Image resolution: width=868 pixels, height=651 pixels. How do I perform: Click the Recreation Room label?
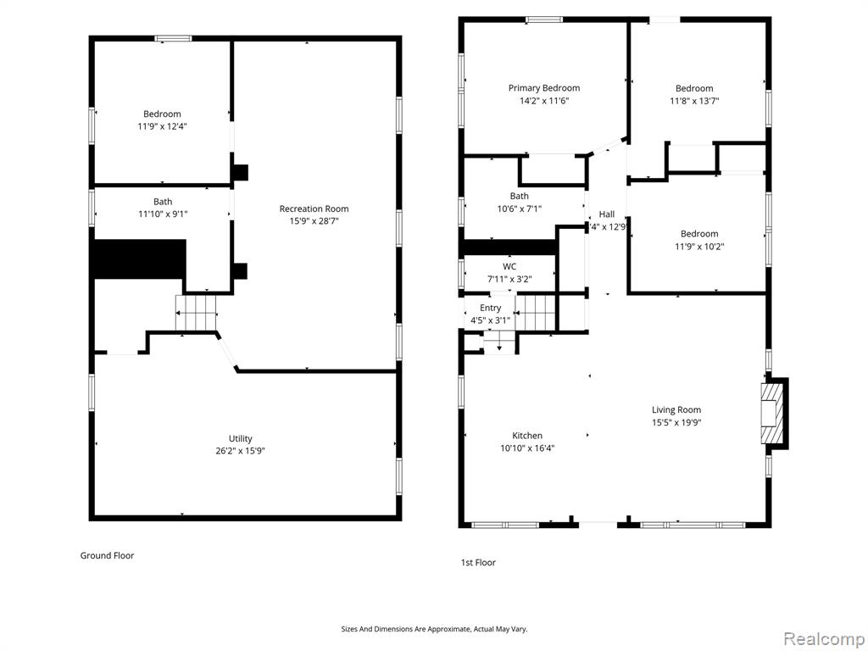(x=314, y=209)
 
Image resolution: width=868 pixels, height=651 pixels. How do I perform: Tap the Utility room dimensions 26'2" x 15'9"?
(x=240, y=451)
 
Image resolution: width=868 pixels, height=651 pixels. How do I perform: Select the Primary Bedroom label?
(x=544, y=88)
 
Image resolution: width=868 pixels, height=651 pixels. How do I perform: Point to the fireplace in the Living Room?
(x=773, y=414)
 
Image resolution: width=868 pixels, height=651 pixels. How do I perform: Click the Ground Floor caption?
(x=108, y=555)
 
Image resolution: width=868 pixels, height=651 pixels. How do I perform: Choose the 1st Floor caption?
(x=478, y=563)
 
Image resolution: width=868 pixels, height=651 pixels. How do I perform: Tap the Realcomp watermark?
(x=822, y=638)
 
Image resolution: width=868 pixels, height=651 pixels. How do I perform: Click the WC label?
(x=509, y=267)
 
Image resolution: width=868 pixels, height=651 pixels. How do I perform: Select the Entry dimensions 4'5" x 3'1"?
(x=490, y=320)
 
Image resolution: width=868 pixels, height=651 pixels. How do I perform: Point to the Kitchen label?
(x=527, y=436)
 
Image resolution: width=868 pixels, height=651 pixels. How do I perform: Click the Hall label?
(x=607, y=214)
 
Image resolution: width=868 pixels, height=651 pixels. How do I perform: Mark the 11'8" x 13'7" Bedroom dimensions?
(x=694, y=102)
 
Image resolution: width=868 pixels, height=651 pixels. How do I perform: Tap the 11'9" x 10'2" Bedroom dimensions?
(x=699, y=247)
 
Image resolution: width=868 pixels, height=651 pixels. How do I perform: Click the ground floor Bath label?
(x=163, y=202)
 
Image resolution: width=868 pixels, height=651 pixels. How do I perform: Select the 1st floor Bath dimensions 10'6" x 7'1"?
(x=520, y=209)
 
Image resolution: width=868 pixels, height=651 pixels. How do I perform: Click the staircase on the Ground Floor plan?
(x=196, y=313)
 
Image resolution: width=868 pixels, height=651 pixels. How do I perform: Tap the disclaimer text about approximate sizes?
(x=434, y=629)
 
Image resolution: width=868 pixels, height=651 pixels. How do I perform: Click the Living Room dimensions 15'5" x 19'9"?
(x=676, y=423)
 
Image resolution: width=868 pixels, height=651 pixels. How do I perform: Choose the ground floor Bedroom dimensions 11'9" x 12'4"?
(x=162, y=127)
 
